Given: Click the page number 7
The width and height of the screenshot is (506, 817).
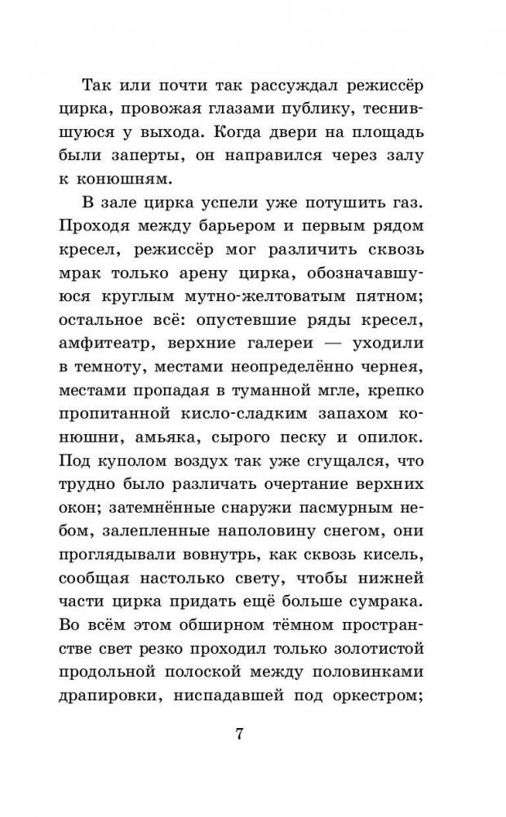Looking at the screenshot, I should tap(238, 732).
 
